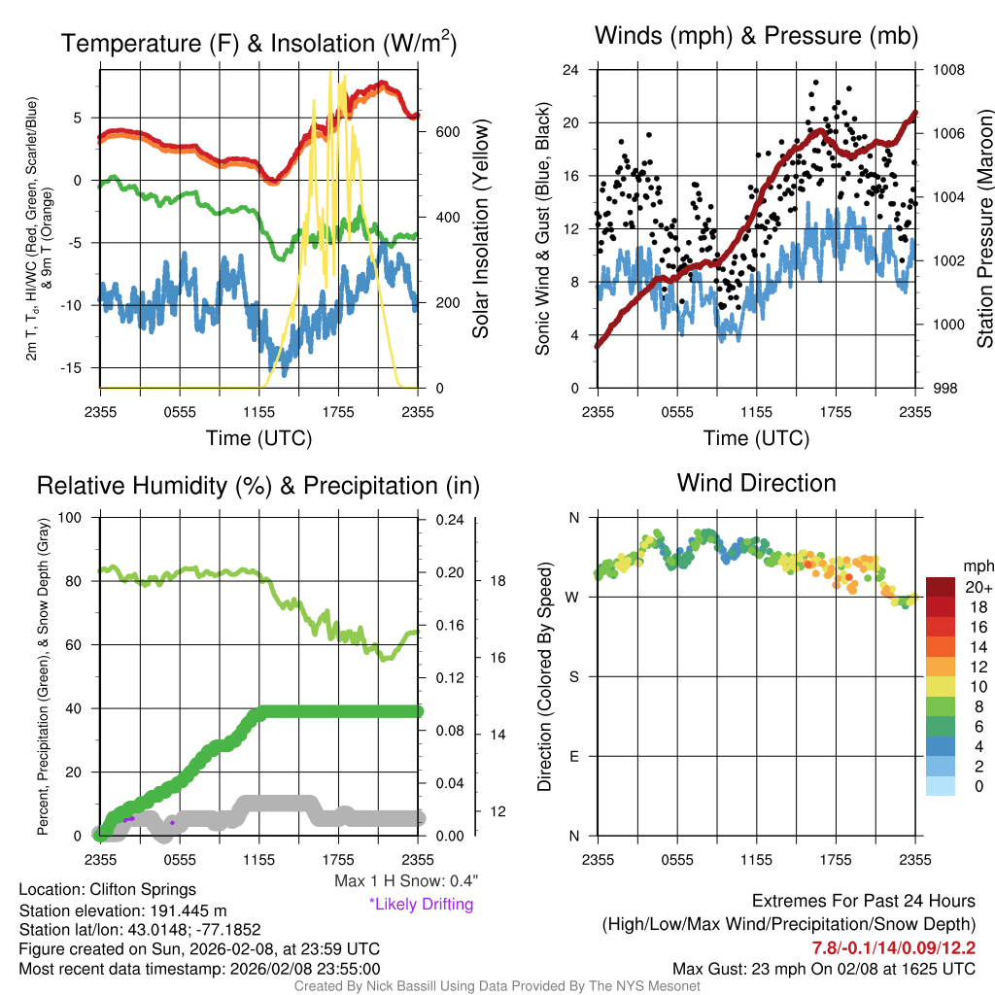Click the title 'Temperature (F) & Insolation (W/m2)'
(259, 43)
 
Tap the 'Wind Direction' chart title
(756, 483)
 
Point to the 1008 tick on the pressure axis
(946, 70)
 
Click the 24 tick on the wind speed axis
(570, 70)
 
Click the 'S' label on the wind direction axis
(573, 676)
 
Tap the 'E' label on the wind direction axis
(573, 756)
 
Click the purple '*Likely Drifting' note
(421, 905)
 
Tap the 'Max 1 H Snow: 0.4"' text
(405, 881)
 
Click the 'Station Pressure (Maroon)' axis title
(983, 227)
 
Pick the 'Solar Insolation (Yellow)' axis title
(481, 227)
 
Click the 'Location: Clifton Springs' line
(107, 889)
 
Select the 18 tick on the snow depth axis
(496, 581)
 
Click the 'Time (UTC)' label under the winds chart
(756, 438)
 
